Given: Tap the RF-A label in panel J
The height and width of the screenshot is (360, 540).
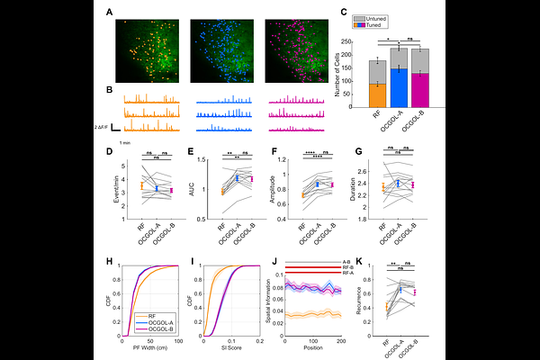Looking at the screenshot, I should pos(346,272).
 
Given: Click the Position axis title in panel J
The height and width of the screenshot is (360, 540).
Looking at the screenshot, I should pos(313,346).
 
